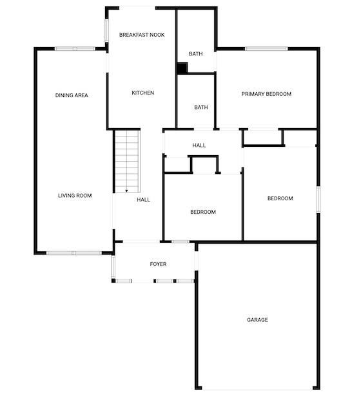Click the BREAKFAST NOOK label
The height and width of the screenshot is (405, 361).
point(142,35)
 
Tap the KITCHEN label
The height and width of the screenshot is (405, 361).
point(142,93)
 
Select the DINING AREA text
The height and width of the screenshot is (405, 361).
point(72,95)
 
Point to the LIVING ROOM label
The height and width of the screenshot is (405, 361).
point(75,196)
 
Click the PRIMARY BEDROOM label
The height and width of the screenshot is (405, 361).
point(266,94)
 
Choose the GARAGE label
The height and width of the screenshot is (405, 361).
point(257,320)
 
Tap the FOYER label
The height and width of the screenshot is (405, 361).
point(158,264)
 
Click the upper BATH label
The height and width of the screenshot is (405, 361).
point(196,54)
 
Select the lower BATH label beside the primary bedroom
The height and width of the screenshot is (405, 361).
point(201,107)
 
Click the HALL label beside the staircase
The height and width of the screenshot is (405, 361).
point(143,200)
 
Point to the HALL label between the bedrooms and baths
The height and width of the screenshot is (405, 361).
point(199,146)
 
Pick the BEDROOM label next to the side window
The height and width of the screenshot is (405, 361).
point(280,198)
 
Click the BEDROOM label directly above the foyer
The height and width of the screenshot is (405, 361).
point(203,212)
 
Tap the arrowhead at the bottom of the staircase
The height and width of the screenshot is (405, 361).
point(127,191)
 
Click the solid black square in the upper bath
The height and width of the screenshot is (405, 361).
point(182,68)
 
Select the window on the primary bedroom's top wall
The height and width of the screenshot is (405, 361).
point(266,48)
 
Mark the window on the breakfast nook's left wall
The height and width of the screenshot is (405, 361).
point(106,30)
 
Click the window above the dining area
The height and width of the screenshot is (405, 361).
point(75,48)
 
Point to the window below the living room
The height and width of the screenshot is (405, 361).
point(74,253)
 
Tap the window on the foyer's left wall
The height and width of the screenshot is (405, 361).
point(113,267)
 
